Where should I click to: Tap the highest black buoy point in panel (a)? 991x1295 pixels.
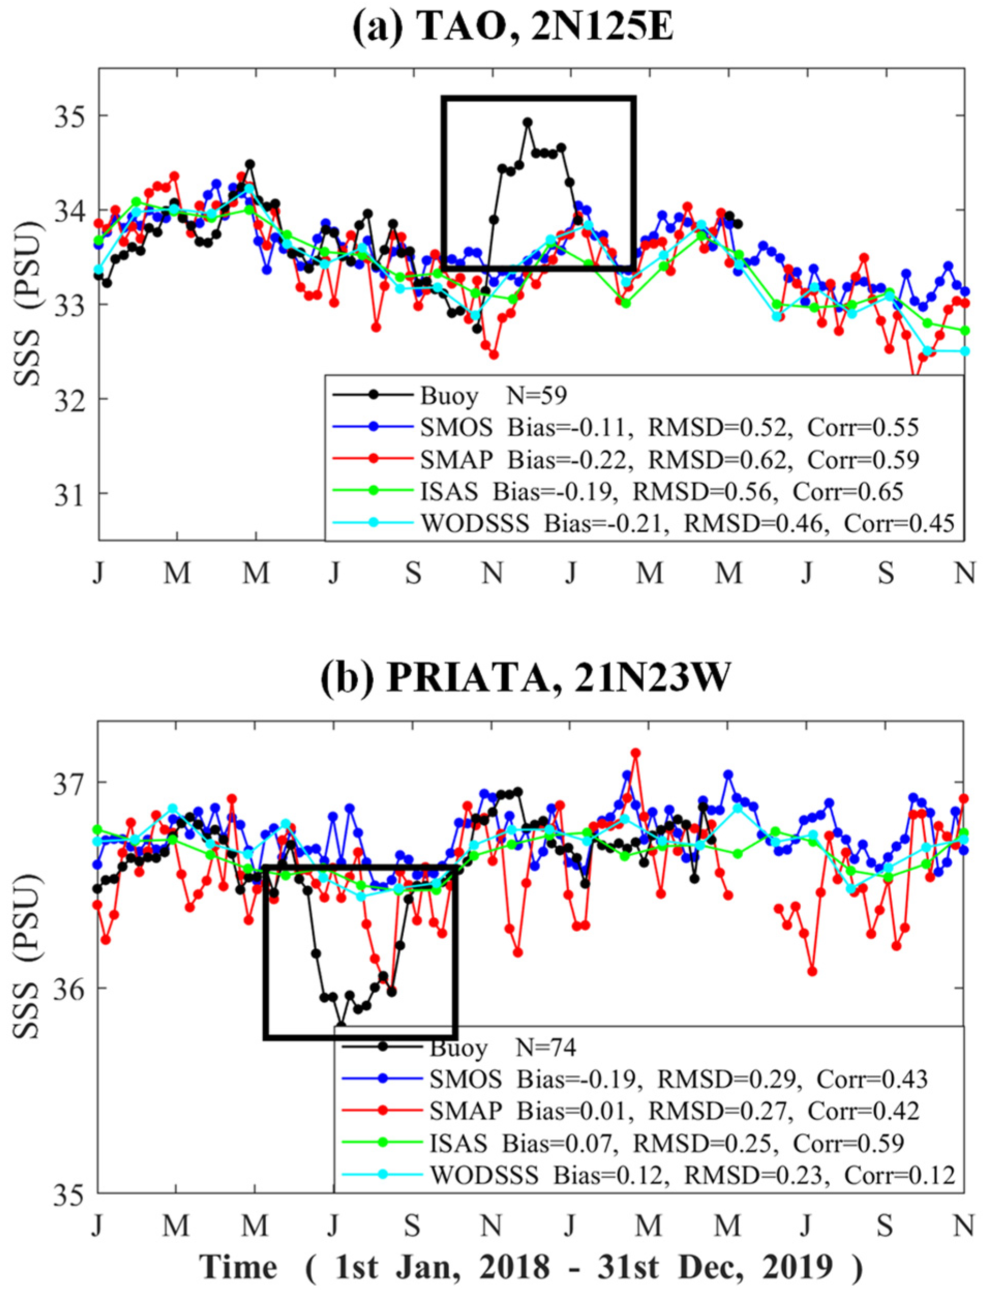click(527, 122)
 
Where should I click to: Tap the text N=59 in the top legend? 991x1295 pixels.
click(537, 396)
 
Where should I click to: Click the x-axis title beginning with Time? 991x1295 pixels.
click(530, 1266)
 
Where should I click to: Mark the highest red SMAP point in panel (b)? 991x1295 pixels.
click(635, 753)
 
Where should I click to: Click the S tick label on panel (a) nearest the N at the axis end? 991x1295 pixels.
click(886, 572)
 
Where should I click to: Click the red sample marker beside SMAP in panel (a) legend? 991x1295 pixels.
click(373, 460)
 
